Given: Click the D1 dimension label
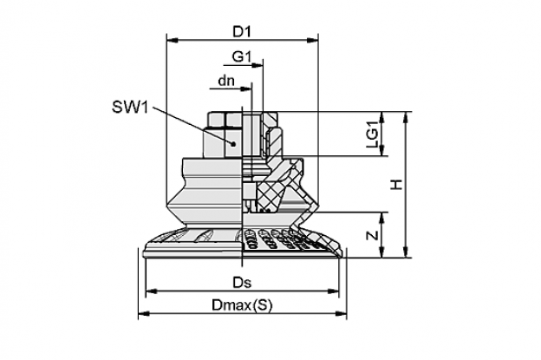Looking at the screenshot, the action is pyautogui.click(x=242, y=32).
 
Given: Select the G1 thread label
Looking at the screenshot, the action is pyautogui.click(x=242, y=56).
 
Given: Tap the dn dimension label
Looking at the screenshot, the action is pyautogui.click(x=226, y=81).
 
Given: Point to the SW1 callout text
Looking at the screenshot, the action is pyautogui.click(x=130, y=108).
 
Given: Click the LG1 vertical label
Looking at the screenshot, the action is pyautogui.click(x=373, y=137).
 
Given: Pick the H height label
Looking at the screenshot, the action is pyautogui.click(x=396, y=185).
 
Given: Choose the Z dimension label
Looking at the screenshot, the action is pyautogui.click(x=373, y=235).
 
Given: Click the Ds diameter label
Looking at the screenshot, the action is pyautogui.click(x=242, y=283).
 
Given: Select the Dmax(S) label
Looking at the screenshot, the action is pyautogui.click(x=242, y=305).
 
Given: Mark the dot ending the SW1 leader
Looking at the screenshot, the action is pyautogui.click(x=233, y=143).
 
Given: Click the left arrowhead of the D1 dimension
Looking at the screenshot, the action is pyautogui.click(x=173, y=41).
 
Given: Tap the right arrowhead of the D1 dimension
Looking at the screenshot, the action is pyautogui.click(x=313, y=41).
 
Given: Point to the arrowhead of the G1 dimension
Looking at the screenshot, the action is pyautogui.click(x=257, y=65).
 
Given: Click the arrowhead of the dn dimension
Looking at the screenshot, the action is pyautogui.click(x=246, y=88).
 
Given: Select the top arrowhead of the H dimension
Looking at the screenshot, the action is pyautogui.click(x=407, y=117).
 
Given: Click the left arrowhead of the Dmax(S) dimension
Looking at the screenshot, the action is pyautogui.click(x=144, y=313).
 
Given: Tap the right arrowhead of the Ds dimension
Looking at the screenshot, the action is pyautogui.click(x=333, y=291).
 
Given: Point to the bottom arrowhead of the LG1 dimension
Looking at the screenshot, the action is pyautogui.click(x=382, y=150).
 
